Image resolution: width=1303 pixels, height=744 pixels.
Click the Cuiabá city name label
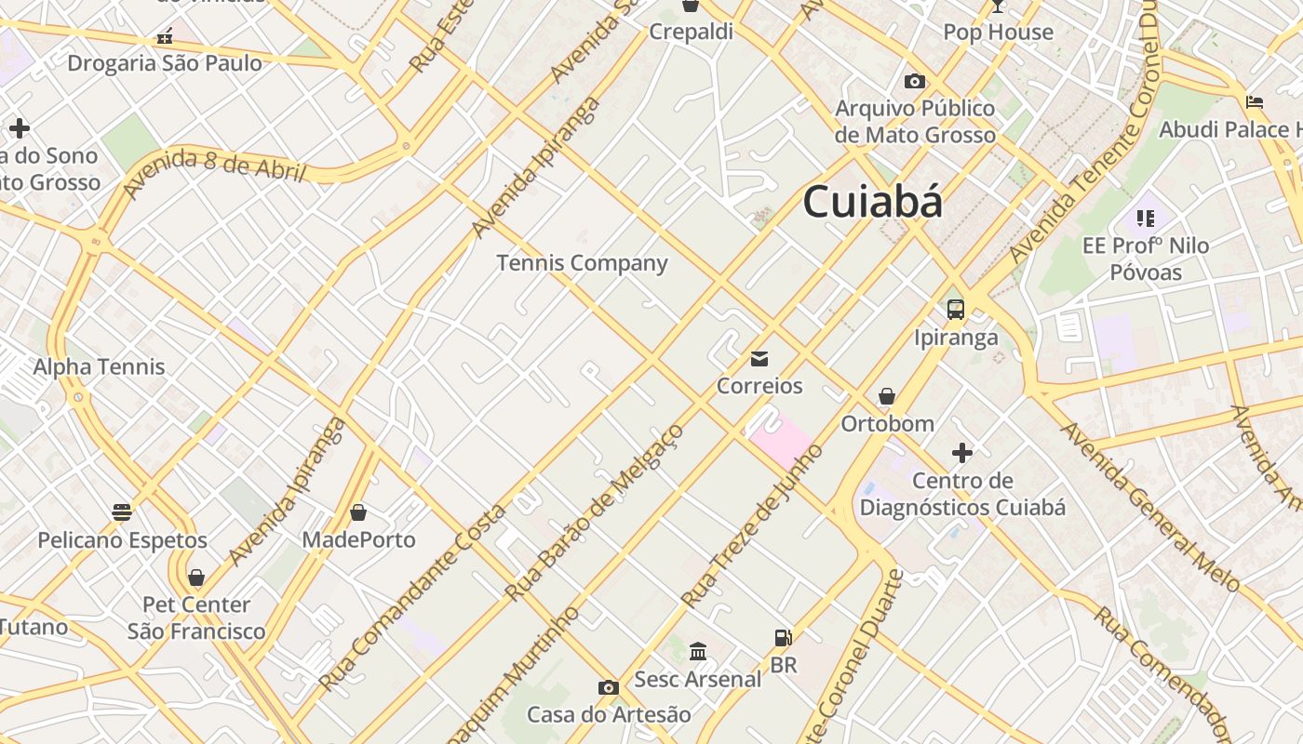(x=872, y=202)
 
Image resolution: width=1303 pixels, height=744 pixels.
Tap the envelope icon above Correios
(x=759, y=359)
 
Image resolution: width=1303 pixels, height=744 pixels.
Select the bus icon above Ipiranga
(x=955, y=310)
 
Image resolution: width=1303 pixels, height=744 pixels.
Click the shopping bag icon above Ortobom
(x=887, y=397)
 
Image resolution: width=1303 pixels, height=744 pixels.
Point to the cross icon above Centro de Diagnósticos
(x=962, y=453)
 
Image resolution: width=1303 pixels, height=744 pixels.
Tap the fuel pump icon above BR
(x=784, y=638)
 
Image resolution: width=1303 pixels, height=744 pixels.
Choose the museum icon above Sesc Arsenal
(x=698, y=651)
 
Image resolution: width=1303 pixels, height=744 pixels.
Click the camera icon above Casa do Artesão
(x=609, y=687)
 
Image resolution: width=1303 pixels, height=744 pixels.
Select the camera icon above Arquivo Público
(x=915, y=81)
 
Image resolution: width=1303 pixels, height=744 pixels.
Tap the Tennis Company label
(x=582, y=263)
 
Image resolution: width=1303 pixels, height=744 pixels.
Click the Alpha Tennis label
(x=99, y=366)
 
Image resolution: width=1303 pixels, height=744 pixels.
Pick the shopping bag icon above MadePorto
(x=358, y=512)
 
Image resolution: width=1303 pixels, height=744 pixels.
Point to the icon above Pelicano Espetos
(x=122, y=511)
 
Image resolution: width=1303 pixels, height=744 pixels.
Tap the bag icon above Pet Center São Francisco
(x=196, y=578)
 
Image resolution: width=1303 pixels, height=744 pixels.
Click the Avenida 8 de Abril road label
(x=213, y=171)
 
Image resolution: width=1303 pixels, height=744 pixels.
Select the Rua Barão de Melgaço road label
(x=594, y=511)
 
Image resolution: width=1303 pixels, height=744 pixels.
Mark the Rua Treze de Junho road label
(x=753, y=525)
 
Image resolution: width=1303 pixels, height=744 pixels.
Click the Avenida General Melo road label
(x=1150, y=506)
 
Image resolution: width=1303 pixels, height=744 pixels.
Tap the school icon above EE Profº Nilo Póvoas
(x=1145, y=219)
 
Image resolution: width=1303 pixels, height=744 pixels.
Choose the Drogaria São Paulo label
(x=165, y=63)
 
